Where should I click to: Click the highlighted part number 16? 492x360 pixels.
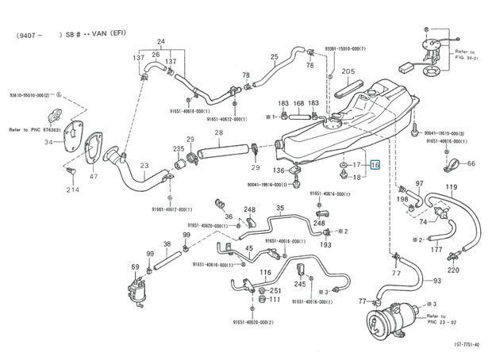(375, 165)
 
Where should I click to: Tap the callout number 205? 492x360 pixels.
(348, 71)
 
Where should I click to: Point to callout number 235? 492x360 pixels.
(179, 147)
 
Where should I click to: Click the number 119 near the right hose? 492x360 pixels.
(451, 187)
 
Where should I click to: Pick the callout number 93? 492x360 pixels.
(437, 281)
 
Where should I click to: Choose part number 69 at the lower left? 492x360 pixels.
(136, 267)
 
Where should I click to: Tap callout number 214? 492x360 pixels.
(73, 190)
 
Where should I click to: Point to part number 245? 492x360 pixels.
(300, 284)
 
